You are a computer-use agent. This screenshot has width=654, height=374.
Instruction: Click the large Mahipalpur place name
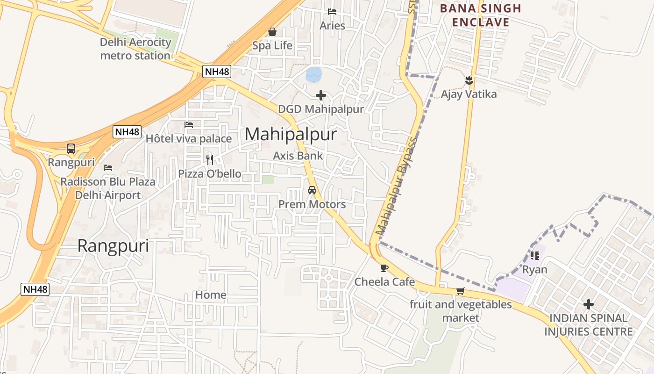tap(291, 135)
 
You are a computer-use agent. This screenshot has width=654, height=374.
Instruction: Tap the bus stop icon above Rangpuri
tap(71, 149)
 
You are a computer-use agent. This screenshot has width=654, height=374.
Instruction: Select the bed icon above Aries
tap(332, 12)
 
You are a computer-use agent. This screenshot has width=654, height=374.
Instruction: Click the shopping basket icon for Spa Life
tap(272, 32)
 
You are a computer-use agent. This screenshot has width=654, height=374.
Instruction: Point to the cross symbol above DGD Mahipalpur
tap(321, 95)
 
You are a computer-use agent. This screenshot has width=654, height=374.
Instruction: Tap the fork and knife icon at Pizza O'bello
tap(210, 160)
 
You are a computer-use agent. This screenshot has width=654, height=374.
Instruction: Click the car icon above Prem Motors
tap(312, 190)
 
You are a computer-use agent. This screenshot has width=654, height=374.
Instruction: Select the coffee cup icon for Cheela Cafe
tap(384, 268)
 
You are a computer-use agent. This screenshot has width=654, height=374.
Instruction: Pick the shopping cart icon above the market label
tap(461, 291)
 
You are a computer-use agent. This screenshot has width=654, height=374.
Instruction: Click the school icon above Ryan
tap(535, 255)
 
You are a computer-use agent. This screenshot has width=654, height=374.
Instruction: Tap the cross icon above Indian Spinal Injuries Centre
tap(589, 305)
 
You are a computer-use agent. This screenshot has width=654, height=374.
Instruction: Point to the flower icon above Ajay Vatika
tap(469, 80)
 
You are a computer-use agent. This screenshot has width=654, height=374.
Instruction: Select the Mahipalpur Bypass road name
tap(396, 186)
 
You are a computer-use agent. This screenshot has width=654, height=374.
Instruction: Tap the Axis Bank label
tap(298, 156)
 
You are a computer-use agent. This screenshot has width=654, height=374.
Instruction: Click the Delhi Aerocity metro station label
tap(136, 49)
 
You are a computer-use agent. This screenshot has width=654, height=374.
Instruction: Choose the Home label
tap(211, 295)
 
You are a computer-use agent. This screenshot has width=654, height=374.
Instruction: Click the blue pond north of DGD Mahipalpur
tap(314, 74)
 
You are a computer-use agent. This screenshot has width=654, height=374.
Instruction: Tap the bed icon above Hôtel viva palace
tap(189, 125)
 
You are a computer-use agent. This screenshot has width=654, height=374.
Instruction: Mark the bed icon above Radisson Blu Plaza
tap(108, 167)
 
